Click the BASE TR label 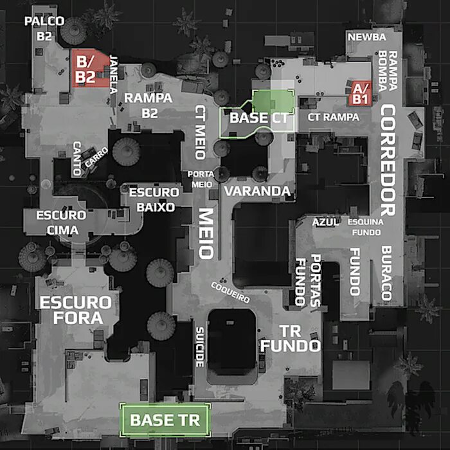(165, 420)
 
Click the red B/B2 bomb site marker (85, 68)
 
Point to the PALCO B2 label (44, 29)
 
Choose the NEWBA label (366, 37)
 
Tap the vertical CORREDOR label (386, 161)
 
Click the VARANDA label (257, 191)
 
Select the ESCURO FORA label (75, 309)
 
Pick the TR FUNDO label (290, 339)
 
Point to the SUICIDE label (199, 346)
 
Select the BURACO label (386, 273)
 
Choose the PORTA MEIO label (200, 179)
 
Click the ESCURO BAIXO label (153, 200)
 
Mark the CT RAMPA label (333, 117)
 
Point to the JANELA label (115, 73)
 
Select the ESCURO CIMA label (61, 222)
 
